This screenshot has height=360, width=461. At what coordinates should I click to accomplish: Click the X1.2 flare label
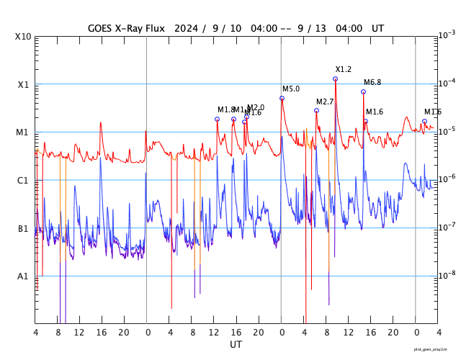click(x=344, y=69)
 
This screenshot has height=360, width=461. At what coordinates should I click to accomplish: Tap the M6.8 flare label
click(x=372, y=82)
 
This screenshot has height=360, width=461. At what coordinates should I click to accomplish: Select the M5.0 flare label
click(x=291, y=89)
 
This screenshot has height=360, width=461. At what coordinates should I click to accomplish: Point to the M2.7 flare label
click(x=325, y=102)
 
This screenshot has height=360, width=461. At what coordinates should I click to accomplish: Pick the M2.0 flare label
click(x=256, y=107)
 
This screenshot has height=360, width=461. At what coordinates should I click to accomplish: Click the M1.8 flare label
click(x=225, y=109)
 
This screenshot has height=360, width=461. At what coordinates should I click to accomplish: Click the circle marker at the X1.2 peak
click(x=336, y=78)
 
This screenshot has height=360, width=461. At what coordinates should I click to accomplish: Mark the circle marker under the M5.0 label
click(x=282, y=98)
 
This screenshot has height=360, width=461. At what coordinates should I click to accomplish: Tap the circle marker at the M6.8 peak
click(x=364, y=91)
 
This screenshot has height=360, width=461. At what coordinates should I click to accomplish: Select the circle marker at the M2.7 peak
click(x=317, y=110)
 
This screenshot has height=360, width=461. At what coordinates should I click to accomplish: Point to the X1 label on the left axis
click(x=23, y=84)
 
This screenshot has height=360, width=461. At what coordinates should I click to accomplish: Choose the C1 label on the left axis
click(x=23, y=180)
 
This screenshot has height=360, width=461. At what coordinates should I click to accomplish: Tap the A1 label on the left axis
click(x=23, y=276)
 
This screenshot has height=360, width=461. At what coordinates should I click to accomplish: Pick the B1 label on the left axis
click(x=23, y=228)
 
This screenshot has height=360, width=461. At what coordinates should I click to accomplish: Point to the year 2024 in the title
click(x=185, y=28)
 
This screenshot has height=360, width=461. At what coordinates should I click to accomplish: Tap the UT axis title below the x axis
click(x=236, y=345)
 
